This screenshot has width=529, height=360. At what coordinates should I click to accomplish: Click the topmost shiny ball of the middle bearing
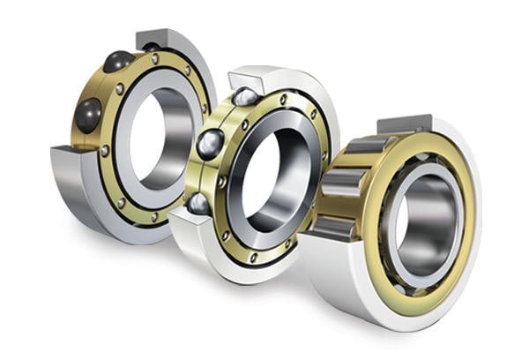(x=244, y=96)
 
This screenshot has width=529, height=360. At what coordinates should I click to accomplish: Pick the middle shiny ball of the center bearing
(x=211, y=144)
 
